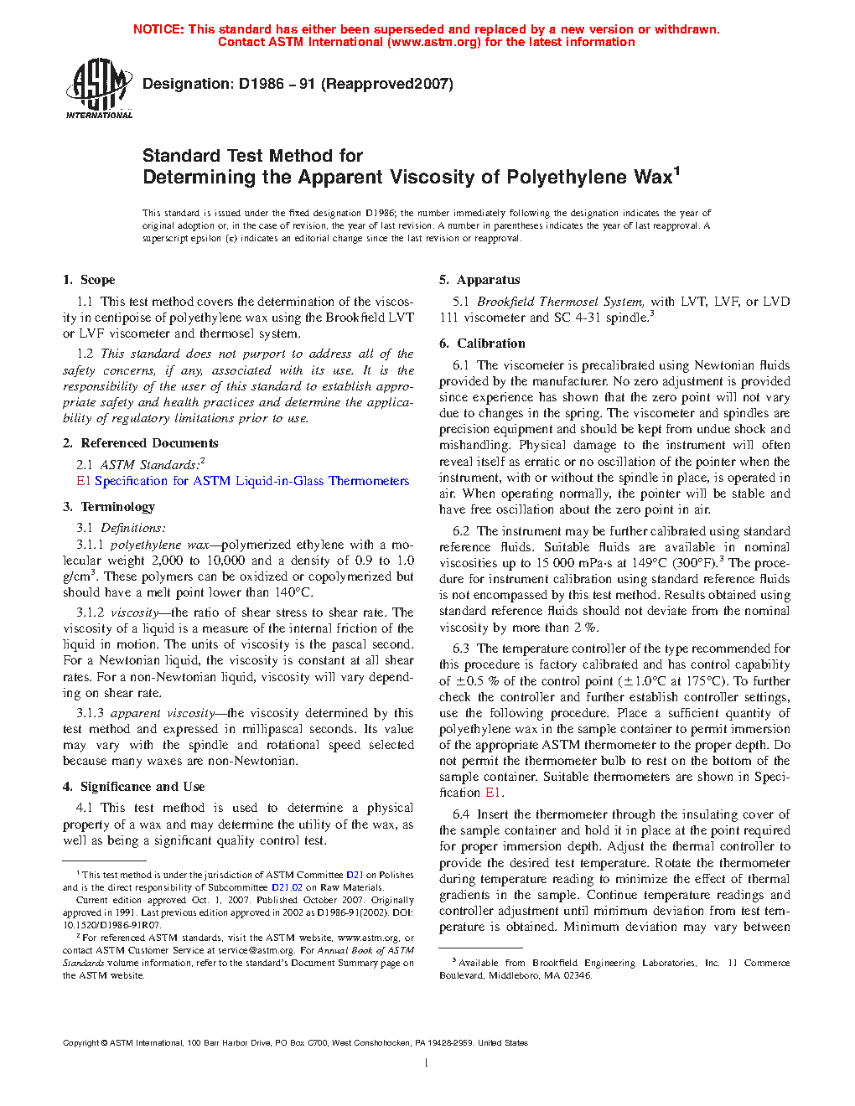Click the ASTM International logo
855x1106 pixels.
(99, 88)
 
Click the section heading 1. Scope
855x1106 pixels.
(89, 280)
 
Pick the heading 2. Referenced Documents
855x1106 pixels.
(141, 443)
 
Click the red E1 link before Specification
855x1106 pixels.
(83, 481)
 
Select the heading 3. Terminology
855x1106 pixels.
(109, 507)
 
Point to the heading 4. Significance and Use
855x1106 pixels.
(134, 787)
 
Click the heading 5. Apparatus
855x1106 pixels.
(479, 280)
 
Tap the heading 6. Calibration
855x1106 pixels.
(483, 344)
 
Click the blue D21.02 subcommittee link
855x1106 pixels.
(287, 887)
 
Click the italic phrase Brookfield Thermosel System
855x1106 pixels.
(560, 302)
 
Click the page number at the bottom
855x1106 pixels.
(427, 1063)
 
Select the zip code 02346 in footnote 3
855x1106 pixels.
(578, 975)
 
